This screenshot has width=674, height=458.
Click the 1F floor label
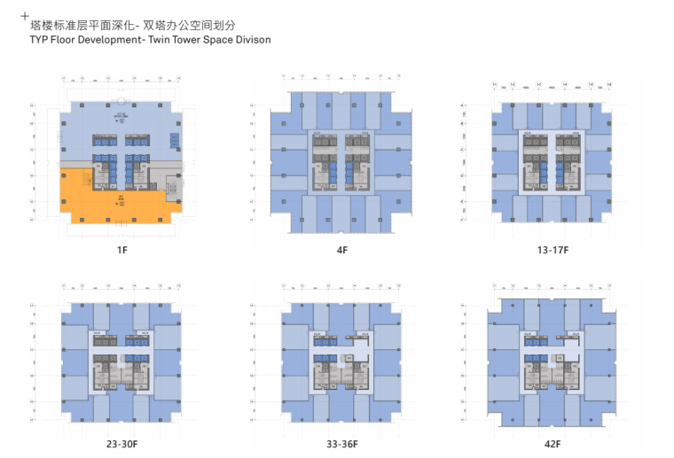[x=122, y=251]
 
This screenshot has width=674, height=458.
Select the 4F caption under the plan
[x=341, y=251]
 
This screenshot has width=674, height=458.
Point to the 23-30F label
[x=122, y=444]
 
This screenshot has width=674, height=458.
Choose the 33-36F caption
[x=341, y=444]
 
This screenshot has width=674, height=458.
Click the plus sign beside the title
[x=24, y=16]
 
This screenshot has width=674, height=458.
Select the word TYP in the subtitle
[x=40, y=40]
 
